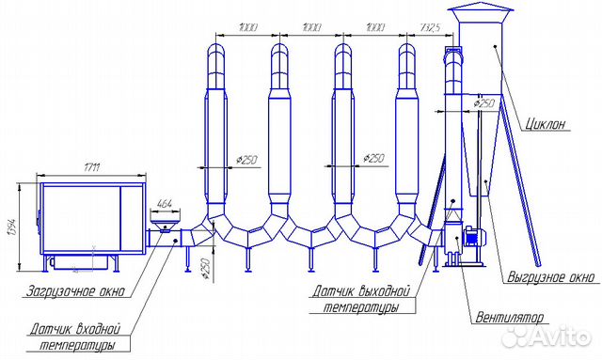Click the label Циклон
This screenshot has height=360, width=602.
pos(546,123)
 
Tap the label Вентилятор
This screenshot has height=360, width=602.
pos(510,318)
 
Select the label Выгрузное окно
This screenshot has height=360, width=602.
pos(550,276)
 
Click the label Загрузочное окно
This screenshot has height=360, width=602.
pos(75,290)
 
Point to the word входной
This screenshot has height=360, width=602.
pos(98,329)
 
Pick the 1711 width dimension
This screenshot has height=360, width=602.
pos(91,167)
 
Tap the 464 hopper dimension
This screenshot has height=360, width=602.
pos(166,203)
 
